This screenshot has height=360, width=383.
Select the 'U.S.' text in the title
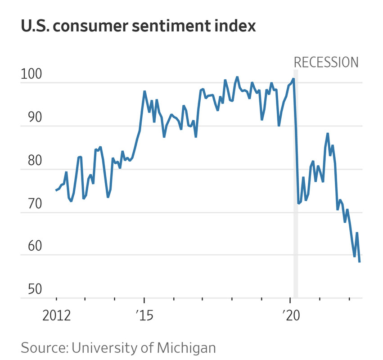(x=36, y=26)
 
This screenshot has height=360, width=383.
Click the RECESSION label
(x=326, y=62)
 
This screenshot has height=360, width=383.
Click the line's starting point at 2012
(x=56, y=190)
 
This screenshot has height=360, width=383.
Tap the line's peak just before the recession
(x=293, y=79)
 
